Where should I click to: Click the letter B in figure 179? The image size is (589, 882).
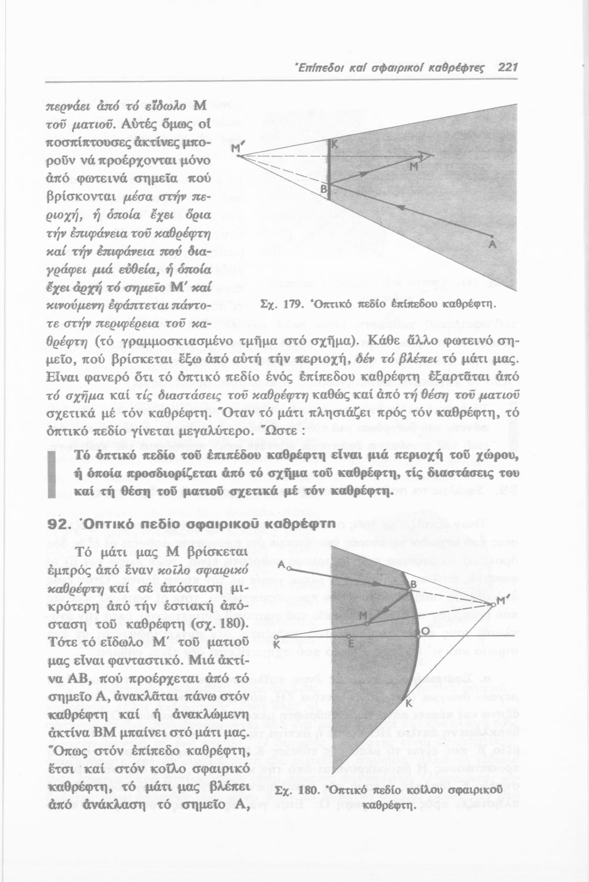(x=323, y=189)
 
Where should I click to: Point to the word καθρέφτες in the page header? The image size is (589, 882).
(x=460, y=68)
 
